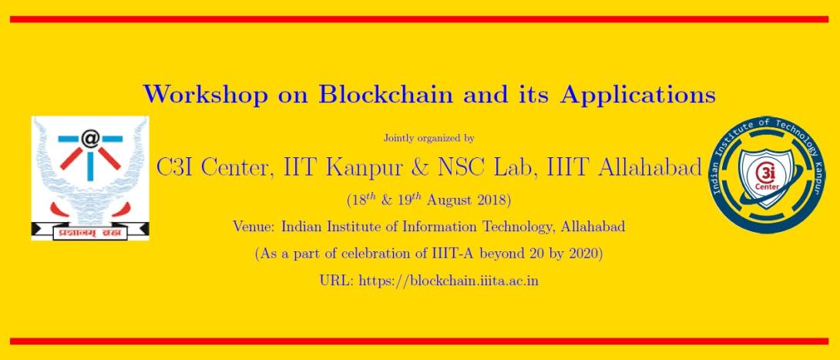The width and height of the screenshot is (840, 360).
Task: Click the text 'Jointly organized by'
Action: [428, 139]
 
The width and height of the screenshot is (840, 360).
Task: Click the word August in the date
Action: [448, 201]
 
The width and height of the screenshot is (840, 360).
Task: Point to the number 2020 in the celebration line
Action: [584, 254]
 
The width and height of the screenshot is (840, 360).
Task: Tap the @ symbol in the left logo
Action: [90, 140]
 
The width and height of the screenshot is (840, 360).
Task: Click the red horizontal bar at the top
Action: [419, 19]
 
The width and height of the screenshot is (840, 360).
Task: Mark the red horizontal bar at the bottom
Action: [419, 341]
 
